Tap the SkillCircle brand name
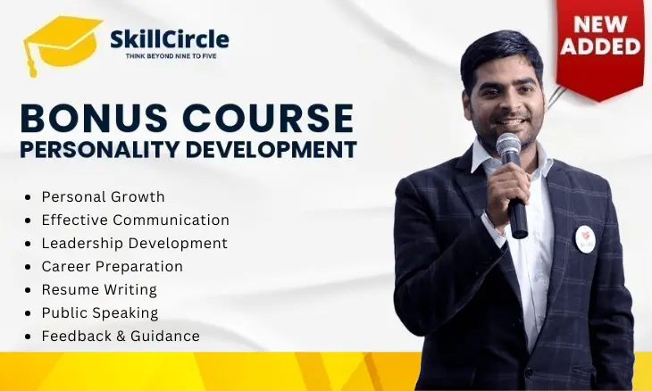coord(169,38)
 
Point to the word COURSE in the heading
coord(276,119)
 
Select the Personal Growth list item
coord(103,196)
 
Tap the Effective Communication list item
coord(135,220)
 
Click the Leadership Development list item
coord(134,243)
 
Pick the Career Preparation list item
coord(112,266)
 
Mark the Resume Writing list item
coord(99,289)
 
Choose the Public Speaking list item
coord(100,312)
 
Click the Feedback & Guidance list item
coord(121,336)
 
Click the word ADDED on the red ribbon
coord(599,47)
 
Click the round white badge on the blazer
coord(585,238)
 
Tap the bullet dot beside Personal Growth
coord(31,197)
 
